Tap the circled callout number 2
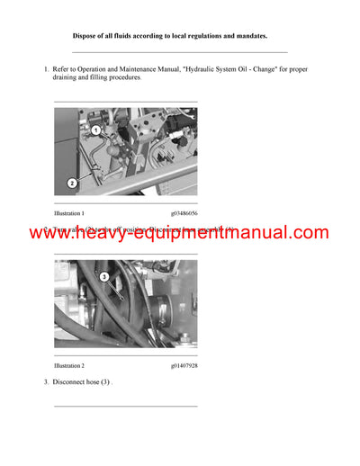[71, 183]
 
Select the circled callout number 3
[103, 277]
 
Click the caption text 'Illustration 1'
[69, 213]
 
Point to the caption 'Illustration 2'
[69, 366]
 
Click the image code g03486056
[184, 213]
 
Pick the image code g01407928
[184, 366]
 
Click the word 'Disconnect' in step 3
[70, 382]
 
